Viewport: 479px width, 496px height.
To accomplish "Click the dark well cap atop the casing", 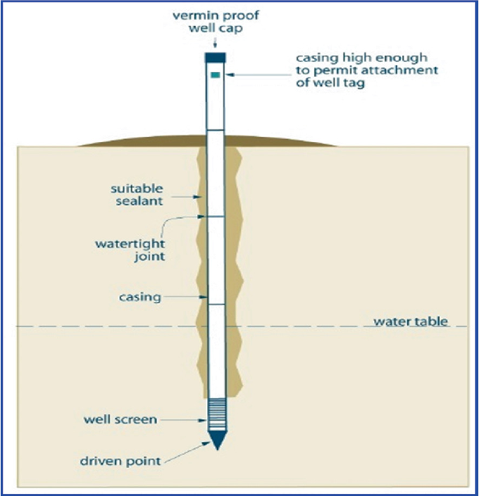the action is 215,57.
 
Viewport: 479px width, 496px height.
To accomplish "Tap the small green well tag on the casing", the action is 215,74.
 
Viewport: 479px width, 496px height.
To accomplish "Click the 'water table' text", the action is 410,322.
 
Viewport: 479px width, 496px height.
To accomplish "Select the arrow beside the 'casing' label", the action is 184,297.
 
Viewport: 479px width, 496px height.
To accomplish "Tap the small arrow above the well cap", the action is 215,45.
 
